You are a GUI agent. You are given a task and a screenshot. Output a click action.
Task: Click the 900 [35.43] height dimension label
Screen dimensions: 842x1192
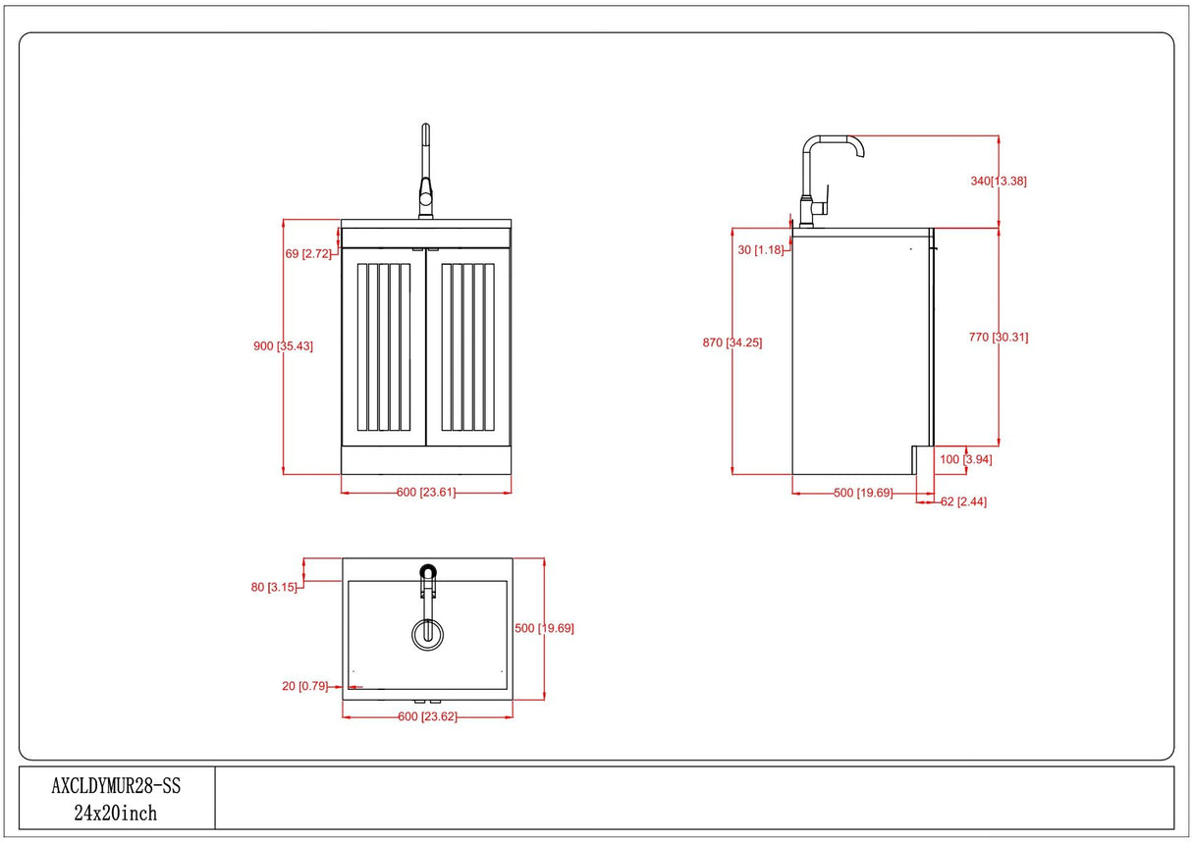(283, 345)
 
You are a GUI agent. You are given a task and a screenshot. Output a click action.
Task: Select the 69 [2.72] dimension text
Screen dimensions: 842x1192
(306, 254)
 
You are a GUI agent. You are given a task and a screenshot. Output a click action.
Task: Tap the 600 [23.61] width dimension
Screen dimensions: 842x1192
(426, 493)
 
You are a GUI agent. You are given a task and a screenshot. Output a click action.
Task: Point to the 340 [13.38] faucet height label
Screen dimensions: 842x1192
(998, 181)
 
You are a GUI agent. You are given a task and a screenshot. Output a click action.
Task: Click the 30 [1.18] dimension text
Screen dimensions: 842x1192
(760, 250)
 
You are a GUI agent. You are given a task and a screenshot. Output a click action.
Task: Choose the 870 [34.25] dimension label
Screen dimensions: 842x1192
(731, 342)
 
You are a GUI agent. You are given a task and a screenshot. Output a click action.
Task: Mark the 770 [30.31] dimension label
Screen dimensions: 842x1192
(999, 337)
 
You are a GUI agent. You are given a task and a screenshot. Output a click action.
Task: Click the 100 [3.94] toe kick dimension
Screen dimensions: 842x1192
(966, 459)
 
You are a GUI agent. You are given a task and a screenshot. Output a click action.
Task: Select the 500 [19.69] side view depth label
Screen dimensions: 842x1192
(863, 493)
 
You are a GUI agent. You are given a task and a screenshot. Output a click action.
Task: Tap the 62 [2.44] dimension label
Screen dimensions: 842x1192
(963, 501)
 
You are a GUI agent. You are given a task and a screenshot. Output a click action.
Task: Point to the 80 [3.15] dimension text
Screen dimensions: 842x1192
(275, 587)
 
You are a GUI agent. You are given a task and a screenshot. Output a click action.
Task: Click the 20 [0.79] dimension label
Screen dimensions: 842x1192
(305, 686)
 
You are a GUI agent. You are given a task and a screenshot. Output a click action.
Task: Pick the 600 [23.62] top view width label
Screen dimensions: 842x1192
(427, 716)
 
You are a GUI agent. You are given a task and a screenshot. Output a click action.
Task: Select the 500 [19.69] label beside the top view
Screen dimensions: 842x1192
(544, 628)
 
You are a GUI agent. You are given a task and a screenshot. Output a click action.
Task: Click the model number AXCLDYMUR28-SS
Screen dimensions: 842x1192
(116, 786)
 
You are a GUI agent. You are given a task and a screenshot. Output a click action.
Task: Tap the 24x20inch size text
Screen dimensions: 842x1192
(116, 813)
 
